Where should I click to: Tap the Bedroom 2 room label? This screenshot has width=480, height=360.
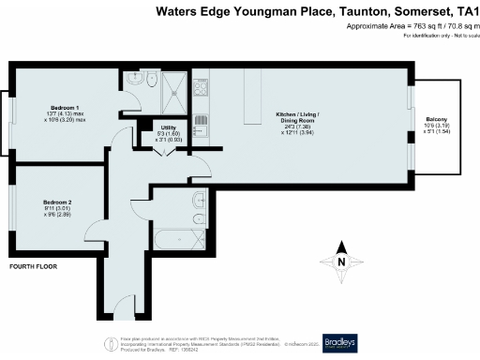coord(57,202)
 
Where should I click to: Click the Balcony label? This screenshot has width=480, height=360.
coord(436,119)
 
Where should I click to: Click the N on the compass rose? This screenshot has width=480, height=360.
coord(341,262)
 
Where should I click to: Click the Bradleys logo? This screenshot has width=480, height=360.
coord(342,342)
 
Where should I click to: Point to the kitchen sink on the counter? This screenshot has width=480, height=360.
coord(200,122)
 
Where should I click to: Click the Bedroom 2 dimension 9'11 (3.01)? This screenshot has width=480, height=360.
coord(57,208)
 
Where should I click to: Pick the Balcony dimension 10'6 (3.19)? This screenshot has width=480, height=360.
coord(436,126)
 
